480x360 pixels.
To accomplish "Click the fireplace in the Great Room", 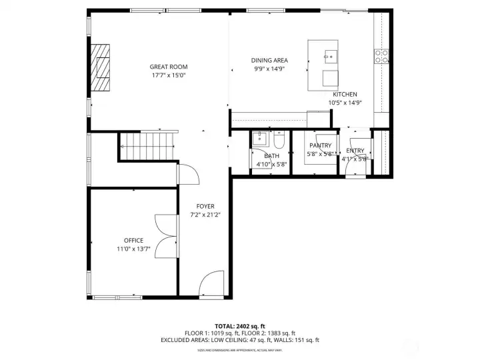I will click(x=101, y=67).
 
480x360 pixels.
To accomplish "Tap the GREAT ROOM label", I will click(x=168, y=67).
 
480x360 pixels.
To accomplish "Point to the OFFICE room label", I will click(x=133, y=240).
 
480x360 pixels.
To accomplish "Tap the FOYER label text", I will click(x=205, y=206).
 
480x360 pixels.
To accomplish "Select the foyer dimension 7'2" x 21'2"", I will click(x=205, y=215).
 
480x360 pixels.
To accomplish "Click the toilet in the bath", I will click(x=280, y=140).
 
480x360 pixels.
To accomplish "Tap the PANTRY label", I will click(x=320, y=145).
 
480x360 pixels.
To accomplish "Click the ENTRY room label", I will click(x=355, y=151).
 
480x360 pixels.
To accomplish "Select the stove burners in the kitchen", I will click(x=382, y=57).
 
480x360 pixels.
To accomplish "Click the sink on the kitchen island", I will click(x=329, y=56).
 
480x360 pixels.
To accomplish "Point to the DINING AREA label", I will click(x=269, y=60).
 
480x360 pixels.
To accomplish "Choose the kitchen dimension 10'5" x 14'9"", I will click(x=345, y=103).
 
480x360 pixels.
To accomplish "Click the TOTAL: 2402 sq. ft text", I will click(x=239, y=325).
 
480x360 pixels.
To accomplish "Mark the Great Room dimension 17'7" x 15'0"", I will click(x=168, y=75).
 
